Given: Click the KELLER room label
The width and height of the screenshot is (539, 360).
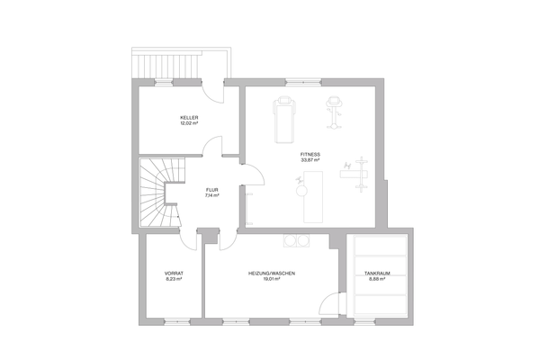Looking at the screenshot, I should click(x=188, y=117).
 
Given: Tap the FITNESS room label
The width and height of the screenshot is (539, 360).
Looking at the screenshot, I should click(x=310, y=154).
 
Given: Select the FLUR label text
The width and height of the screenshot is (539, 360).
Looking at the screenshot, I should click(x=211, y=190).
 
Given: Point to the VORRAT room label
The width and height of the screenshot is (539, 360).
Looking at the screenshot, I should click(x=173, y=273).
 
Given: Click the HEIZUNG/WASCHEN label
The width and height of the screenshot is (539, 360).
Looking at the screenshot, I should click(x=272, y=273).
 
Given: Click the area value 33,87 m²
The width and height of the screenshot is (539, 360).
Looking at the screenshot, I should click(x=310, y=160).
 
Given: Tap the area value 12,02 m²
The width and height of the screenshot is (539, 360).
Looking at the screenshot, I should click(x=188, y=123).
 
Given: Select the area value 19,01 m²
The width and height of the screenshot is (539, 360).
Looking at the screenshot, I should click(x=272, y=279).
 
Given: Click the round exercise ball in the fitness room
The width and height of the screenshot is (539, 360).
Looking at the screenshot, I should click(x=299, y=189).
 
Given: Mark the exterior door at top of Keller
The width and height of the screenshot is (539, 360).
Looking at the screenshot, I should click(x=211, y=90).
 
